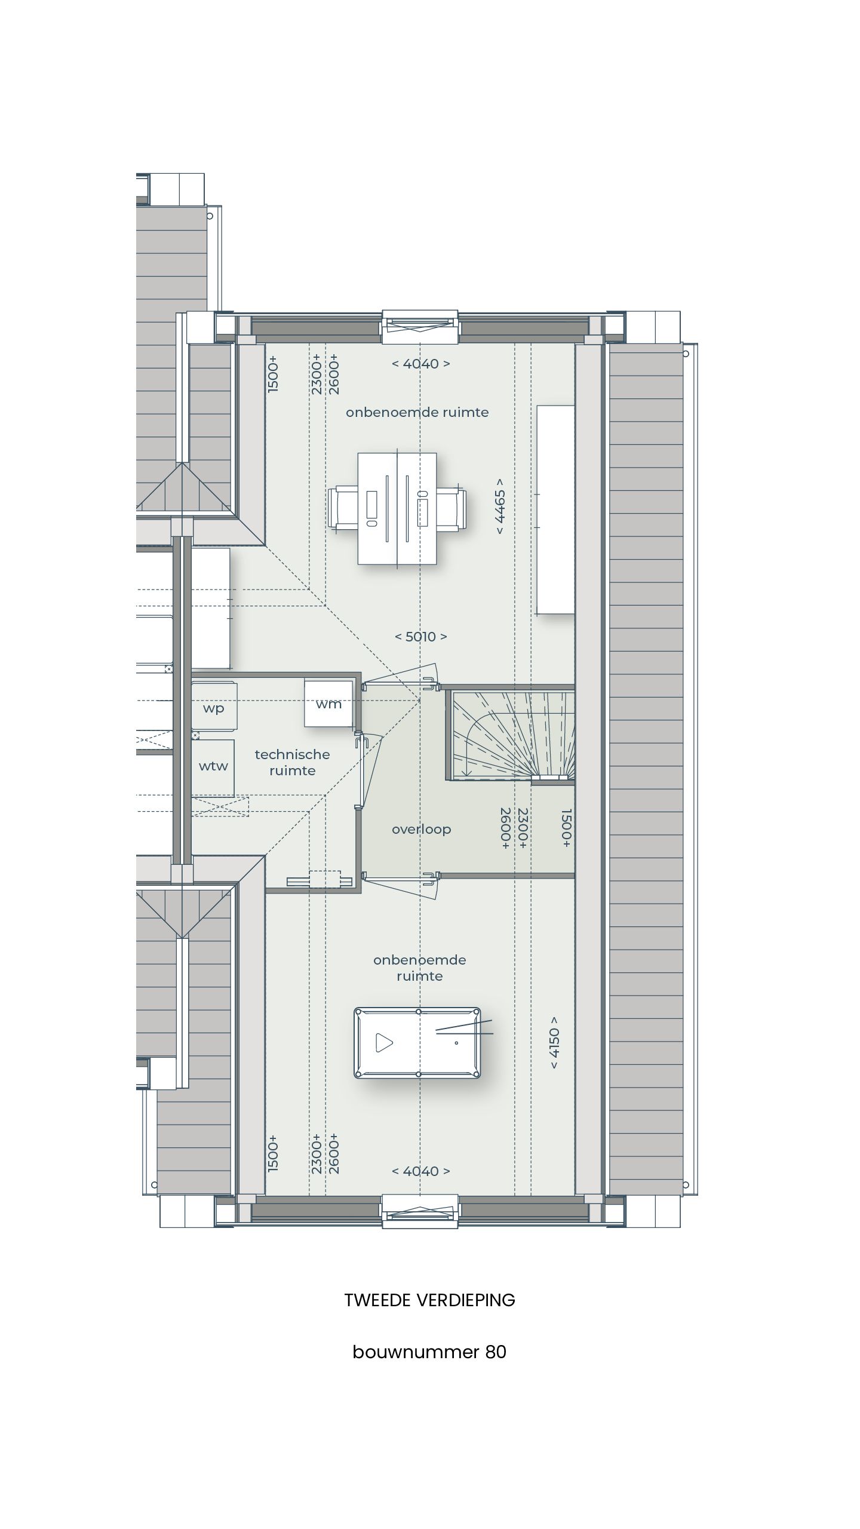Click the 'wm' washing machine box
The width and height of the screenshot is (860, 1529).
point(329,703)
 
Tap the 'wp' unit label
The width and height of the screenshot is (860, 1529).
point(213,708)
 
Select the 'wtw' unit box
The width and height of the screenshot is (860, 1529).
point(213,767)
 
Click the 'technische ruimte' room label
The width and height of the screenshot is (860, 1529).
point(292,762)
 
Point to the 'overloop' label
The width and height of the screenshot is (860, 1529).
point(421,829)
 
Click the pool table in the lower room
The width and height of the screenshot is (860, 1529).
point(417,1043)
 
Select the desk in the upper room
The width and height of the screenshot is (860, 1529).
point(397,508)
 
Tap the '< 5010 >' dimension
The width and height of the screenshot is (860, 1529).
point(420,637)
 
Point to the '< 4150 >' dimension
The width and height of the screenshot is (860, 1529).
point(554,1042)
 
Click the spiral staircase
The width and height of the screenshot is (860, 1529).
point(511,735)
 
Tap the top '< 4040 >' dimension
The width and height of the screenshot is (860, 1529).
point(420,364)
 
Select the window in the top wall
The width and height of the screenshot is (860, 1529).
point(420,326)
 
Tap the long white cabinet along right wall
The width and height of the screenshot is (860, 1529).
point(555,509)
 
